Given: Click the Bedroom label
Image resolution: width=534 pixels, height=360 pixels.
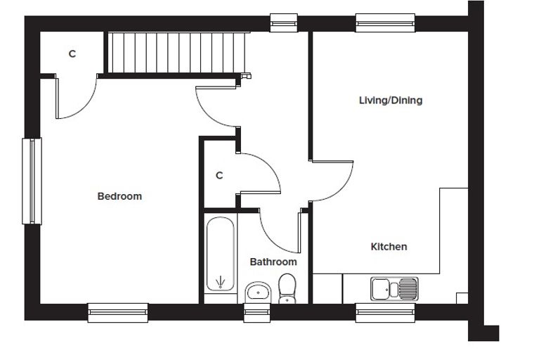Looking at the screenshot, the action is pyautogui.click(x=119, y=196).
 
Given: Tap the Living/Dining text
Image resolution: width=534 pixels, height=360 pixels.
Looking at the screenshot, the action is pyautogui.click(x=391, y=101).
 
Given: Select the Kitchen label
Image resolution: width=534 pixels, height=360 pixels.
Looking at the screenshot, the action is pyautogui.click(x=389, y=247).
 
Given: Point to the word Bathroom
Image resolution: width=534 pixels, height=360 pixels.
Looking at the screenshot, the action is pyautogui.click(x=273, y=262).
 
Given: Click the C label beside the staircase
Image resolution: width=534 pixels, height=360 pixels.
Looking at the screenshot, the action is pyautogui.click(x=72, y=54).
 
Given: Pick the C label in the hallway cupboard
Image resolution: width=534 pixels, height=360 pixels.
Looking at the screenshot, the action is pyautogui.click(x=219, y=176).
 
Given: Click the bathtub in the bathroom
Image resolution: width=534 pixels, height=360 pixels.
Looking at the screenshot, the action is pyautogui.click(x=221, y=254).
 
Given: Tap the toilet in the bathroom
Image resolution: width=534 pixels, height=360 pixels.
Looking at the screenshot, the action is pyautogui.click(x=287, y=288).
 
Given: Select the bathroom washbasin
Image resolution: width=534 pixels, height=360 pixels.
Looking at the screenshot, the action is pyautogui.click(x=258, y=292).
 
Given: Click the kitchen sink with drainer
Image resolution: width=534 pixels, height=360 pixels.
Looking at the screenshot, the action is pyautogui.click(x=394, y=289).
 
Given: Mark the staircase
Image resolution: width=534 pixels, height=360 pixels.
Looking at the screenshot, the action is pyautogui.click(x=176, y=53).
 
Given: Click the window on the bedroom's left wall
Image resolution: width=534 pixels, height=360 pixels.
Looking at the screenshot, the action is pyautogui.click(x=32, y=181).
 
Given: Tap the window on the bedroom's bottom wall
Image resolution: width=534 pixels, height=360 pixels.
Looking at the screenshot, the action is pyautogui.click(x=118, y=313).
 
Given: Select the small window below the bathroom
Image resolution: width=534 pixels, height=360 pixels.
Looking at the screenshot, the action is pyautogui.click(x=256, y=313).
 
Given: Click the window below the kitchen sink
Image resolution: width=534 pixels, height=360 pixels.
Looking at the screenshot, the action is pyautogui.click(x=385, y=313).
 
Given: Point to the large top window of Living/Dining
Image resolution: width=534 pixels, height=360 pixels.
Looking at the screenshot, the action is pyautogui.click(x=385, y=22).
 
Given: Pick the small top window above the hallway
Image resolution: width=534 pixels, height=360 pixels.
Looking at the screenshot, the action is pyautogui.click(x=284, y=22).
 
